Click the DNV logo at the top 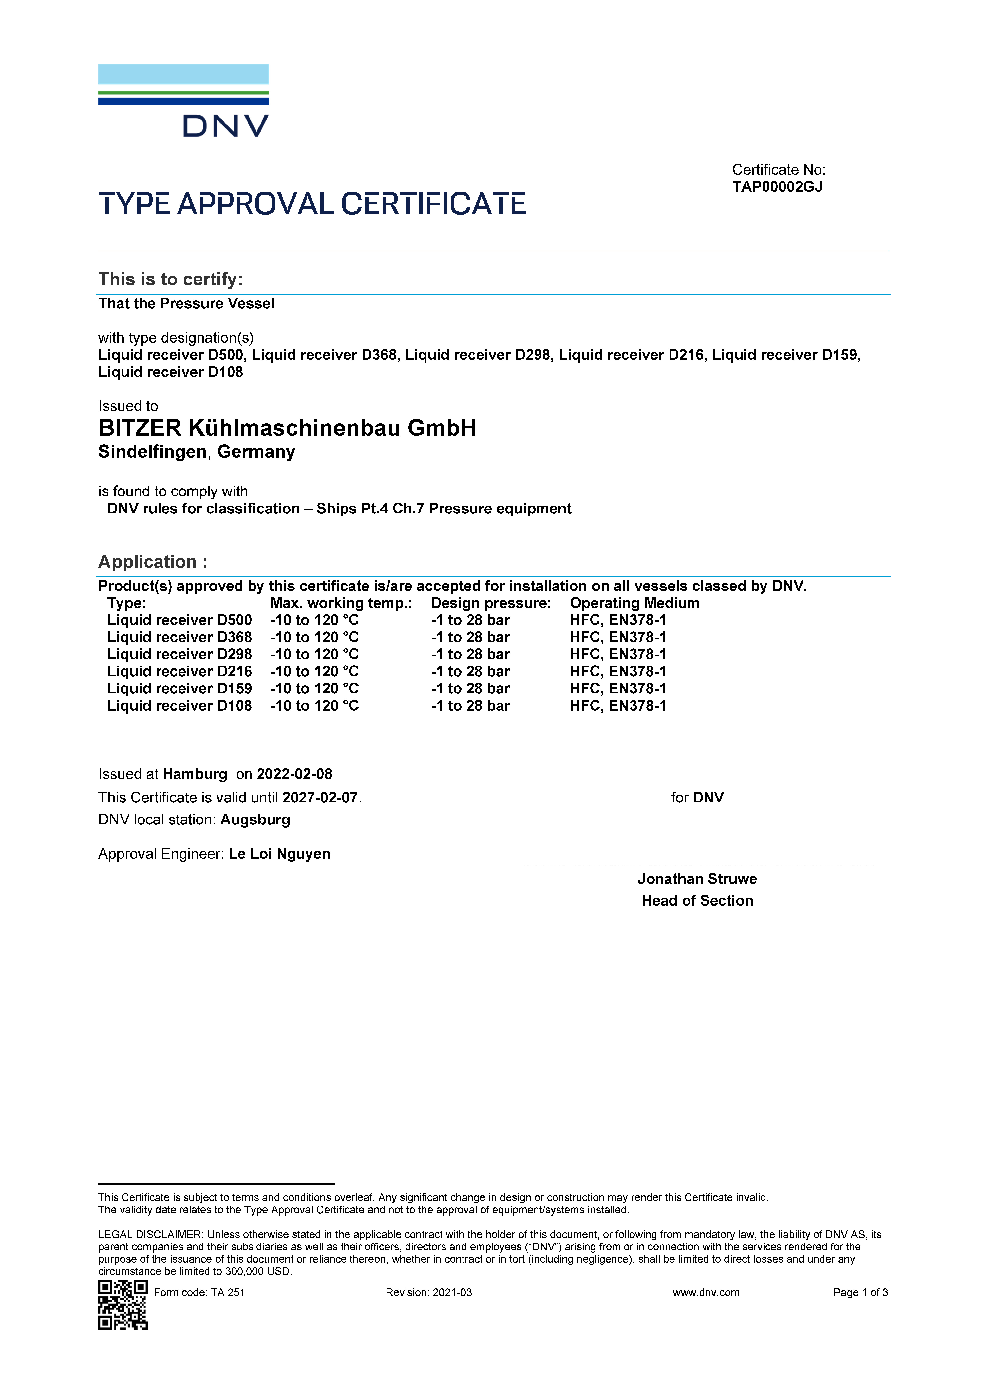[x=183, y=100]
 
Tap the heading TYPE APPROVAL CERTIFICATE [x=312, y=204]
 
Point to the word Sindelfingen [x=152, y=452]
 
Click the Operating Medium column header [x=634, y=603]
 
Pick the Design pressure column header [x=491, y=603]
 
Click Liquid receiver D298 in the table [x=179, y=655]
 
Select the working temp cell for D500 [x=314, y=620]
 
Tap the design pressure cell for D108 [x=470, y=706]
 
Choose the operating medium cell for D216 [x=618, y=671]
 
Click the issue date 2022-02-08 [x=294, y=774]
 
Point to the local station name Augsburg [x=255, y=820]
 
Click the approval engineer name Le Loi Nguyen [x=279, y=854]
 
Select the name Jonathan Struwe [x=697, y=879]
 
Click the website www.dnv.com [x=706, y=1293]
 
